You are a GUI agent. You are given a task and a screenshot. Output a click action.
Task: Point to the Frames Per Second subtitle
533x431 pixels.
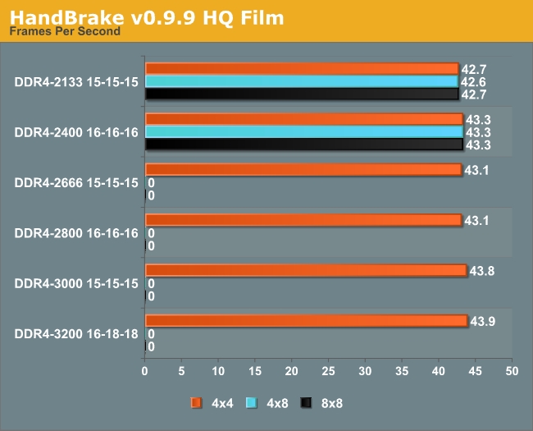click(65, 32)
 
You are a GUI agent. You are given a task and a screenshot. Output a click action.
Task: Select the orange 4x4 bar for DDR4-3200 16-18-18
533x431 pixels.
click(306, 320)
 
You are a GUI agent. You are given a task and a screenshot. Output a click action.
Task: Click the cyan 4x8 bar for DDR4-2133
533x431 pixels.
click(301, 81)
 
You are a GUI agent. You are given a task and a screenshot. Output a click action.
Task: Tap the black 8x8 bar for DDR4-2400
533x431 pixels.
click(303, 144)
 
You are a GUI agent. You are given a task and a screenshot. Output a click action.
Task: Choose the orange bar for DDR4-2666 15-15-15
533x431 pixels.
click(303, 170)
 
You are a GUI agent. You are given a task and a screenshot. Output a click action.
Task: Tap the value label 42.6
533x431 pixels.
click(472, 82)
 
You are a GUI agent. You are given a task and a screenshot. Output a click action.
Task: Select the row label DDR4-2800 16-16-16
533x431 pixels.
click(76, 233)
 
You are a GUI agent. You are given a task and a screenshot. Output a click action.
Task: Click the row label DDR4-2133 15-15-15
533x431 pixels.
click(76, 81)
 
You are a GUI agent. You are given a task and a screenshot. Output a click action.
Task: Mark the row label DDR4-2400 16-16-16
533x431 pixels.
click(76, 132)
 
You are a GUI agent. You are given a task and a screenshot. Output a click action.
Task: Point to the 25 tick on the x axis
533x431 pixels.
click(328, 372)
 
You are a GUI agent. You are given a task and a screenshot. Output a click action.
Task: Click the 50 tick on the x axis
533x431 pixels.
click(512, 372)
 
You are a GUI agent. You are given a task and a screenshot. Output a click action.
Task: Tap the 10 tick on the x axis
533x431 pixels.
click(218, 372)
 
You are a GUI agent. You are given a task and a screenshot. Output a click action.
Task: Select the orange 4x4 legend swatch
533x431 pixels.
click(196, 402)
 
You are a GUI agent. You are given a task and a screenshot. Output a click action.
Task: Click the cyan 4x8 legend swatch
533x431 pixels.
click(251, 402)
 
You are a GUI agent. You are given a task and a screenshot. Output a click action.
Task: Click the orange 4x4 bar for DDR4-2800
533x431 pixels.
click(303, 220)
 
